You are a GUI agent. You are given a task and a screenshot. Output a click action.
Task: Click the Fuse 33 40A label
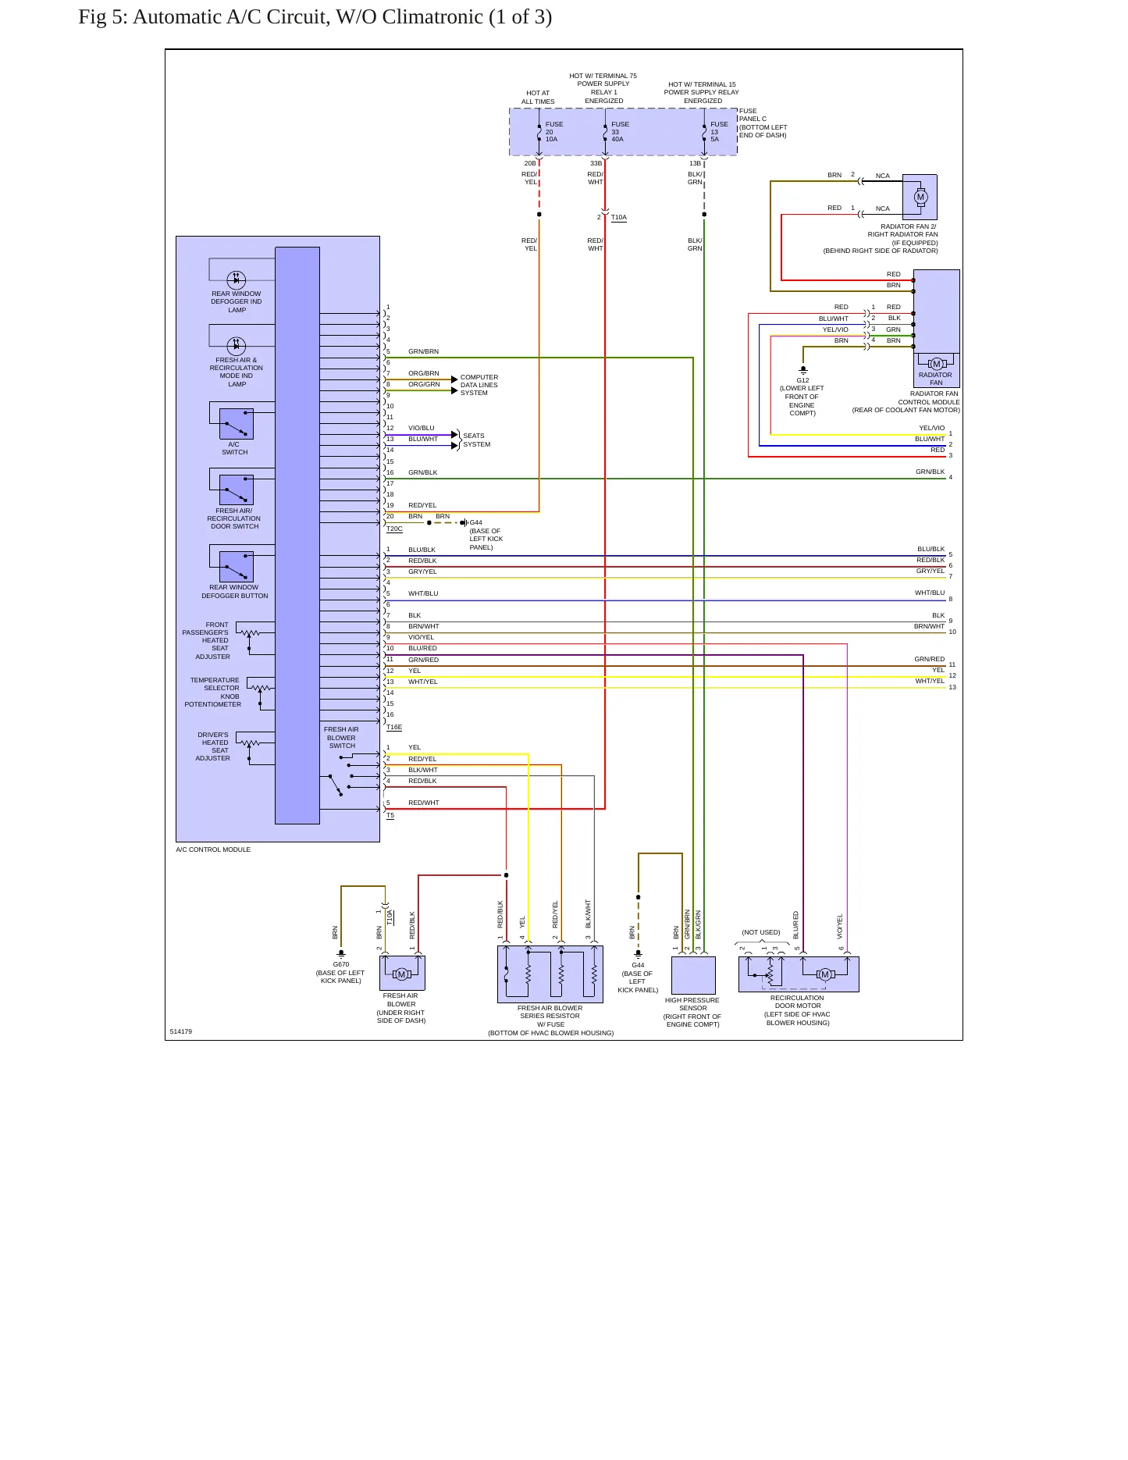[x=620, y=132]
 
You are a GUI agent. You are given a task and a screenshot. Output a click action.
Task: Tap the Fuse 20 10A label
[x=554, y=132]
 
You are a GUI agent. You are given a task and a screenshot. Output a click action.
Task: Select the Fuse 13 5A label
[x=719, y=132]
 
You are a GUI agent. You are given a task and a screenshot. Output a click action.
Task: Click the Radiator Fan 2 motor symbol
[x=920, y=197]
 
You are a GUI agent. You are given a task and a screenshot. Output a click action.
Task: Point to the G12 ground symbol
[x=802, y=370]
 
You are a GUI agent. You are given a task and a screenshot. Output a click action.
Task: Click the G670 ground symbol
[x=341, y=954]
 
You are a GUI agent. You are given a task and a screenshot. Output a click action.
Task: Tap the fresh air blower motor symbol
[x=401, y=974]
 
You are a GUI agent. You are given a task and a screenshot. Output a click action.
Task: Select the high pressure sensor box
[x=693, y=975]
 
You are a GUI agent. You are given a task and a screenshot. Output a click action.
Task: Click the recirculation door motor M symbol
[x=825, y=974]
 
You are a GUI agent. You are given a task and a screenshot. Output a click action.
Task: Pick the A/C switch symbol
[x=236, y=424]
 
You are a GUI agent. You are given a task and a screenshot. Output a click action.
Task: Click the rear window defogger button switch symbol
[x=236, y=567]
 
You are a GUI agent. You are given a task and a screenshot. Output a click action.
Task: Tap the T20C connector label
[x=394, y=529]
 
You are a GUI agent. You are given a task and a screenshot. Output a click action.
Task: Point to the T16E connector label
[x=394, y=727]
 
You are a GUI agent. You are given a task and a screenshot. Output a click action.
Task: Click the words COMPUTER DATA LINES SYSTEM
[x=479, y=385]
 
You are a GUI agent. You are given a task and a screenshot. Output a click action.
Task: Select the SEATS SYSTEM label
[x=477, y=440]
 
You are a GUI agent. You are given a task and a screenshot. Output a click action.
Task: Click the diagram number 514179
[x=181, y=1031]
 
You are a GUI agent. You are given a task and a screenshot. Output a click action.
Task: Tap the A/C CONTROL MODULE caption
[x=213, y=849]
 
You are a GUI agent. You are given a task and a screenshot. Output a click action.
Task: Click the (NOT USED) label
[x=761, y=932]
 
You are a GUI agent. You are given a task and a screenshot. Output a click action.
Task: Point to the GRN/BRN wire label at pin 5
[x=423, y=351]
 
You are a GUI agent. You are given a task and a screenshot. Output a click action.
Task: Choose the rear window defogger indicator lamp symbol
[x=236, y=280]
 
